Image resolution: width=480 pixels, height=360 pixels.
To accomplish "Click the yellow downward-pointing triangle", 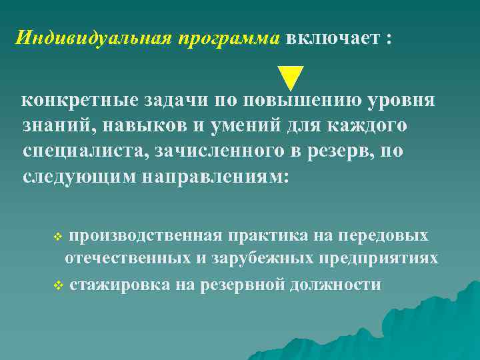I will [x=291, y=78].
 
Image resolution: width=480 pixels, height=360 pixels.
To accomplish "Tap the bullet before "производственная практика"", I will [x=58, y=237].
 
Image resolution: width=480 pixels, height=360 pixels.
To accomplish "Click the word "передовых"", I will [x=383, y=236].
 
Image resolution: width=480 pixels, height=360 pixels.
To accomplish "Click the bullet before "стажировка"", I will [x=58, y=286].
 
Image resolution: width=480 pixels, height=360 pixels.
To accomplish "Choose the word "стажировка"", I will [x=120, y=285].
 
